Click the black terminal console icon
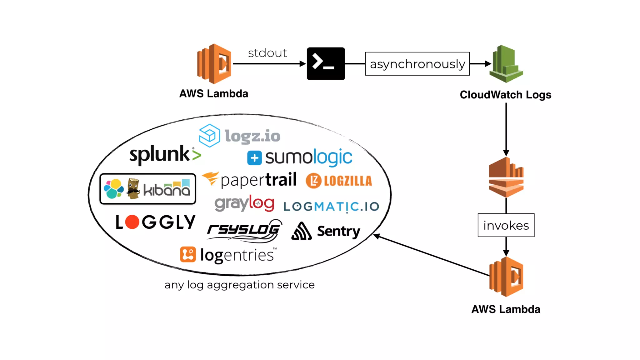[326, 64]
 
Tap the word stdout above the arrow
[267, 53]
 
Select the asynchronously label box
[417, 64]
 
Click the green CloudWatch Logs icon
[506, 64]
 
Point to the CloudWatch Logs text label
[505, 95]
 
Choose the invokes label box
[506, 225]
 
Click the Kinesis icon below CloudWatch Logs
[506, 177]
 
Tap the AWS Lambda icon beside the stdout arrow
[214, 64]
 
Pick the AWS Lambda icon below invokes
[506, 277]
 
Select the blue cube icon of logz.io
[209, 135]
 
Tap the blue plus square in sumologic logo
[254, 158]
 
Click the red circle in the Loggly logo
[132, 222]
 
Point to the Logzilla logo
[339, 181]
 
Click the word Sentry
[338, 231]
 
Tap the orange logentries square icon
[188, 254]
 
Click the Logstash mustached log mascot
[133, 188]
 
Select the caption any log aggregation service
[239, 285]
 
